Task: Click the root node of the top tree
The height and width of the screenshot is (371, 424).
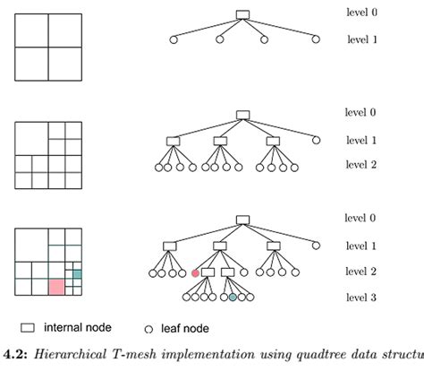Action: click(x=242, y=13)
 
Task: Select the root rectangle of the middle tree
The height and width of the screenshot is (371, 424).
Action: click(x=242, y=115)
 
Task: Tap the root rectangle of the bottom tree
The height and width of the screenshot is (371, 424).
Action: click(x=242, y=220)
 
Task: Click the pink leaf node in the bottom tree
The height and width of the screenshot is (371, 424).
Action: click(x=194, y=273)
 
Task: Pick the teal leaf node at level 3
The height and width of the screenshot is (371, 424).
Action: click(x=233, y=297)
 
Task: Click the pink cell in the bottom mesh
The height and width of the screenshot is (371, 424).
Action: click(x=56, y=287)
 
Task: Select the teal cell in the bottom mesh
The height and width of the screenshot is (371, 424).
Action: click(x=77, y=274)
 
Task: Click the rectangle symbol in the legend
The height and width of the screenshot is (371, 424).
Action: click(x=28, y=328)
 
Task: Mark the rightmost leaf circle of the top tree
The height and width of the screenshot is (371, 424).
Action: click(x=316, y=39)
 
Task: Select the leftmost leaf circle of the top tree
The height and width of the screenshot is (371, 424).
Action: click(x=172, y=39)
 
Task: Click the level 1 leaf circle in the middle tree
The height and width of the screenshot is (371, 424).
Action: click(x=316, y=140)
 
